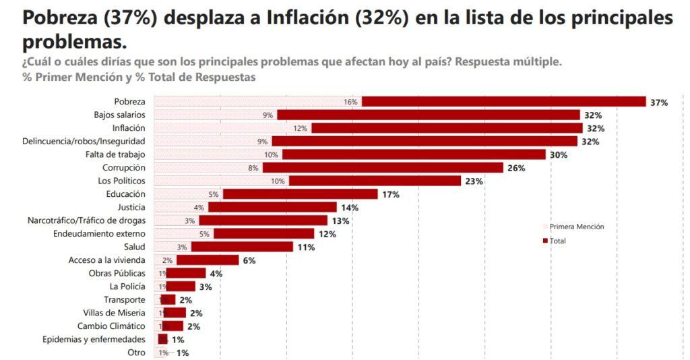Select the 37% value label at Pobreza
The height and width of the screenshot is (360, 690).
tap(658, 102)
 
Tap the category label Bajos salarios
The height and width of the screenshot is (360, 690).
tap(119, 115)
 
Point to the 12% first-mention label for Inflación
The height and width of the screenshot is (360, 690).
tap(300, 128)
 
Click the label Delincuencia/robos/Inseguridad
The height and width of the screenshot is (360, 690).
tap(84, 142)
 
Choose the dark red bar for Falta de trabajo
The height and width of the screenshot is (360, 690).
tap(413, 154)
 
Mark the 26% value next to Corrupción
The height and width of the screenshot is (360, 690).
tap(515, 168)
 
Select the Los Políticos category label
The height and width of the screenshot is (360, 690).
tap(122, 181)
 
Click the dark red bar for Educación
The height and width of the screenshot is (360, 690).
tap(300, 194)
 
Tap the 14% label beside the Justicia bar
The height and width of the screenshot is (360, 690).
tap(349, 208)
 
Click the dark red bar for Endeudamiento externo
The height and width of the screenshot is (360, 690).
tap(263, 234)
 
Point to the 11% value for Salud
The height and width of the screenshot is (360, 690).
tap(306, 247)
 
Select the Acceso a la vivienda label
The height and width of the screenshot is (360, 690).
tap(106, 260)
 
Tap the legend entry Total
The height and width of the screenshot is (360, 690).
tap(557, 241)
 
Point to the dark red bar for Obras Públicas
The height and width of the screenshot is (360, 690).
tap(186, 274)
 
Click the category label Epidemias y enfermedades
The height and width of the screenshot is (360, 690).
tap(94, 339)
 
